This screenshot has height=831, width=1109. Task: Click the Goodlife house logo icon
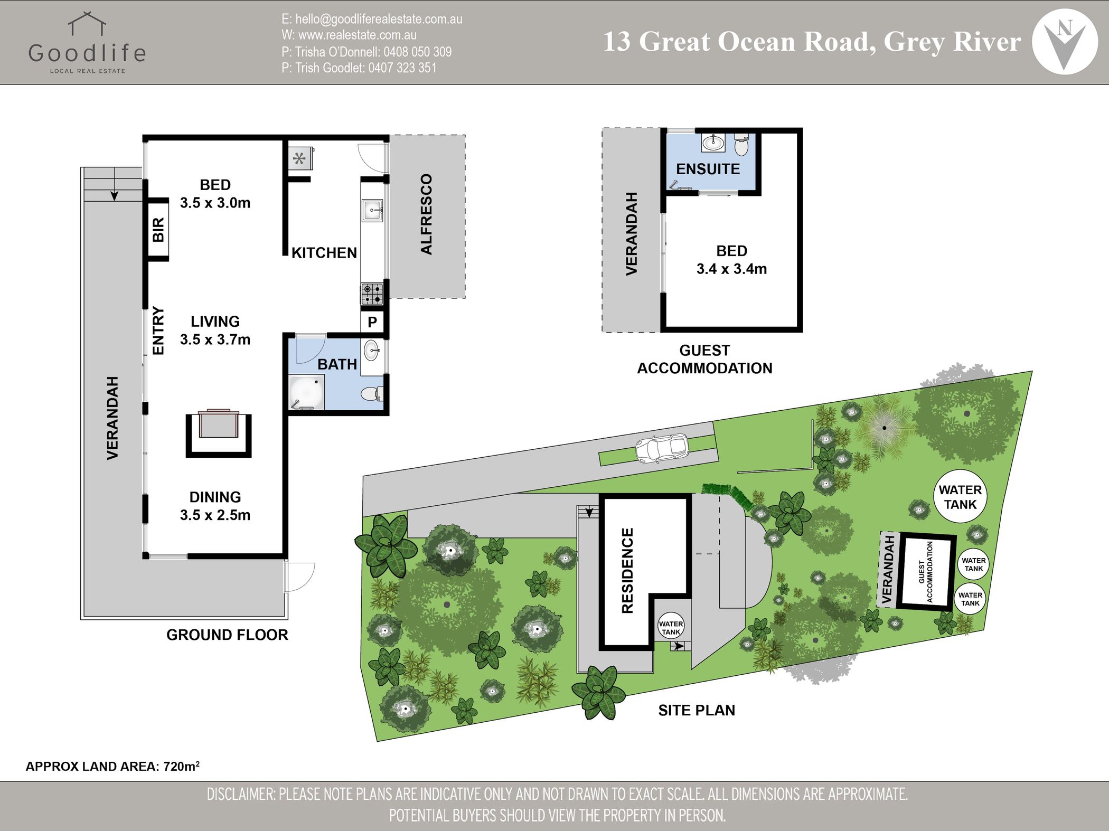[x=87, y=24]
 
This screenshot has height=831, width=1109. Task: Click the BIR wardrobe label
[x=158, y=230]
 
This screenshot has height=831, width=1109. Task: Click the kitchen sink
[x=372, y=211]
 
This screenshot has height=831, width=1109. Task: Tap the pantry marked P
[x=372, y=322]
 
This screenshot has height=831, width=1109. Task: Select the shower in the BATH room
[x=306, y=392]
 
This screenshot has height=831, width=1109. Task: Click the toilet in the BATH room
[x=372, y=394]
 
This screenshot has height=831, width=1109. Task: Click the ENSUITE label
[x=708, y=169]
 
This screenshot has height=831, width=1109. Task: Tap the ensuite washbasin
[x=713, y=142]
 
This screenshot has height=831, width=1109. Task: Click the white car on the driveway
[x=662, y=449]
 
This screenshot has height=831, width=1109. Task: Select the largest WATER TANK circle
[x=960, y=497]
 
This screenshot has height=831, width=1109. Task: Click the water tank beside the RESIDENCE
[x=671, y=628]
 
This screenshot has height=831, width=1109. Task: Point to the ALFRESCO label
[x=426, y=214]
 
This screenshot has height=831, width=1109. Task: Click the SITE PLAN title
[x=697, y=711]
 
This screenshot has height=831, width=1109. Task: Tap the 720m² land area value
[x=182, y=766]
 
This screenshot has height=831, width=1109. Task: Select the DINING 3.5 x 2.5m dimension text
[x=215, y=506]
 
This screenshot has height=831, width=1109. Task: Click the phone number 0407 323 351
[x=402, y=68]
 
